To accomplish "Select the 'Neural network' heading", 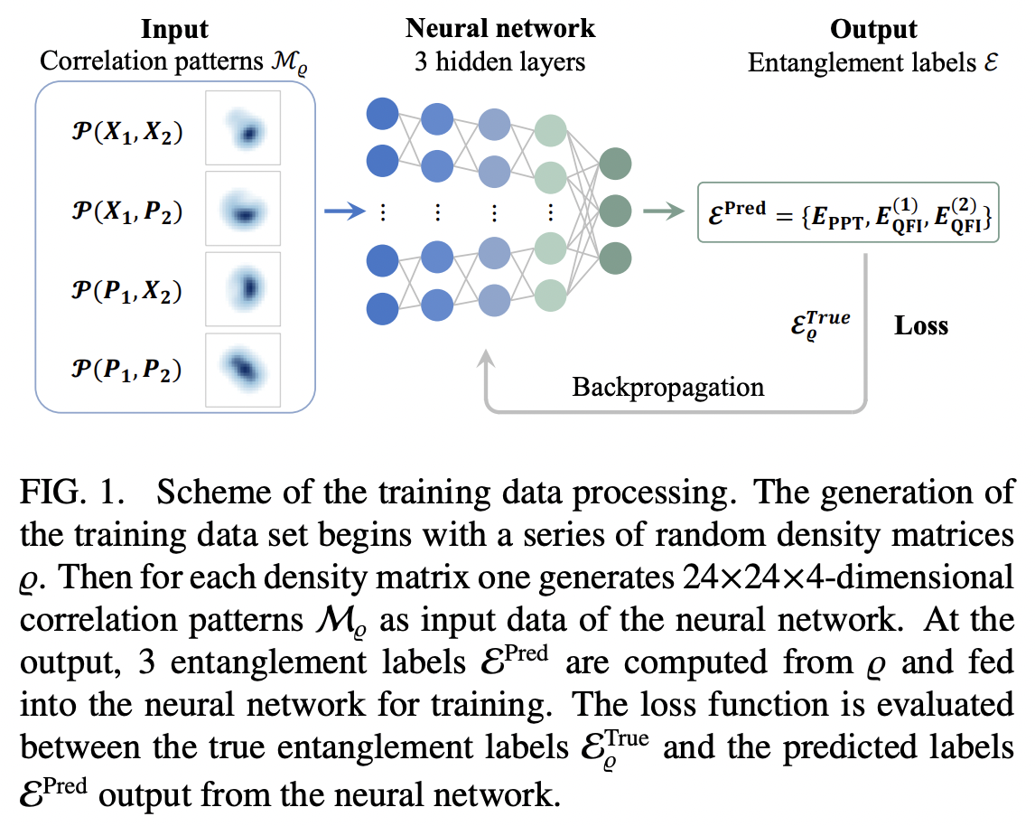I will point(499,28).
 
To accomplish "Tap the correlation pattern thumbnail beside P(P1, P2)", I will point(243,371).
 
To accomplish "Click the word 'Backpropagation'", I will point(667,388).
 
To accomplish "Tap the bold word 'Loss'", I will point(921,325).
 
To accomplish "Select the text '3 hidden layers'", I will point(499,62).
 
